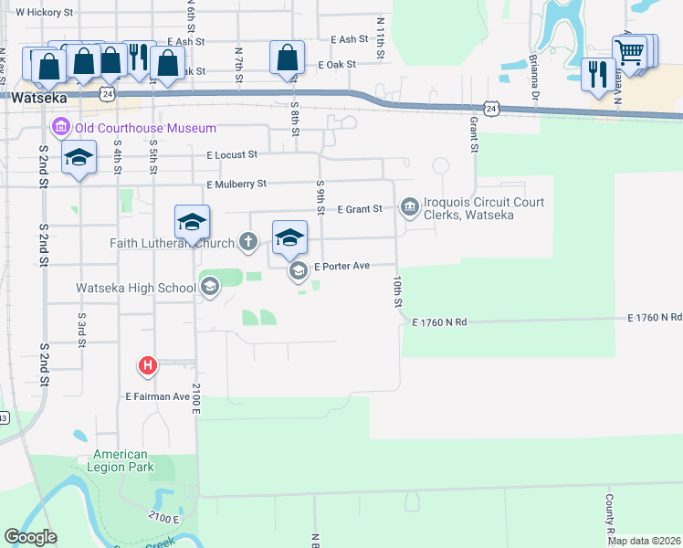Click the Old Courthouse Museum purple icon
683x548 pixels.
(62, 127)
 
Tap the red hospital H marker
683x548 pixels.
(148, 367)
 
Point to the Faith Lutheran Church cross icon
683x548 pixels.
(247, 242)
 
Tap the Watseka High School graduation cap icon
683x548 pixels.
(209, 288)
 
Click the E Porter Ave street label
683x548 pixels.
(341, 267)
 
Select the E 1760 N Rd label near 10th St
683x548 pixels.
(439, 322)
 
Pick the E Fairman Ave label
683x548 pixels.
(157, 396)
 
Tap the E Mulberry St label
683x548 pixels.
(236, 184)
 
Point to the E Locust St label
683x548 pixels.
(232, 155)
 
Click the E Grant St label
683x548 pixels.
(359, 209)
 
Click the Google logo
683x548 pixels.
(30, 537)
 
